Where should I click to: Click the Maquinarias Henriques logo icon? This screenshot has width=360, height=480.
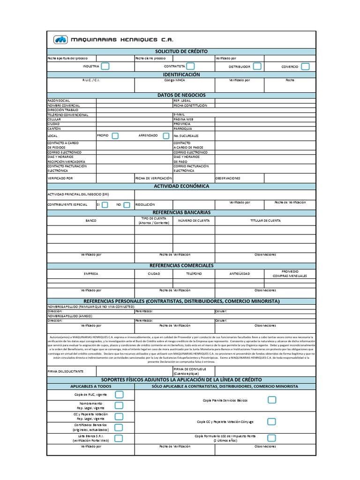point(60,40)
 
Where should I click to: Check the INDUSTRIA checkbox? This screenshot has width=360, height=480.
point(105,67)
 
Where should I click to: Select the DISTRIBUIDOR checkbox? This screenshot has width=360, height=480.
point(257,67)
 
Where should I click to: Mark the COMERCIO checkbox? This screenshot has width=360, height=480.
point(306,67)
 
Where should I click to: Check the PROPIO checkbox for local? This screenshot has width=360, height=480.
point(115,136)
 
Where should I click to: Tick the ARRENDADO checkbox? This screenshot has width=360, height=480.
point(166,136)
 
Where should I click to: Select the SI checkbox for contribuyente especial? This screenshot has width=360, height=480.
point(105,205)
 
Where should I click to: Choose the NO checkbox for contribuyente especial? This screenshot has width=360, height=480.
point(127,205)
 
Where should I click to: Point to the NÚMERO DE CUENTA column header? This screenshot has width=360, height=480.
point(194,220)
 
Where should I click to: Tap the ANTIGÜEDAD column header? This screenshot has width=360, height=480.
point(240,273)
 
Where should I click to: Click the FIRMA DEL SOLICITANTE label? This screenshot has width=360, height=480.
point(66,371)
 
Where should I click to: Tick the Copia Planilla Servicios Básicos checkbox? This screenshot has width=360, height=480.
point(272,400)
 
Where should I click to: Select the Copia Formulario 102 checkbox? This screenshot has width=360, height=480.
point(272,438)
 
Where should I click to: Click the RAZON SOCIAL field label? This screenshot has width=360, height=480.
point(59,101)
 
